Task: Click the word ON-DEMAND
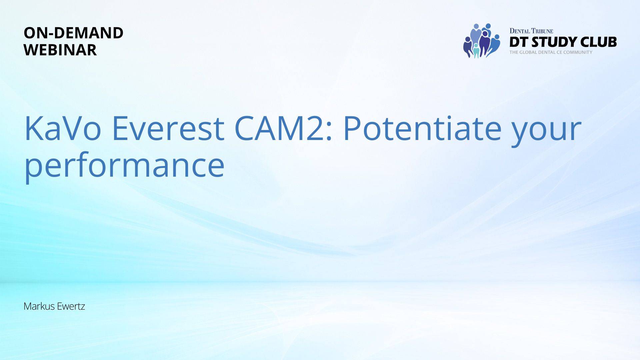[x=73, y=33]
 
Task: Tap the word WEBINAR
[x=60, y=50]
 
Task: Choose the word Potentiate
[x=422, y=128]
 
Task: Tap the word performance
[x=124, y=165]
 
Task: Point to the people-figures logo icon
[x=482, y=41]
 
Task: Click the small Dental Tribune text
[x=531, y=31]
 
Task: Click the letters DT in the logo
[x=519, y=42]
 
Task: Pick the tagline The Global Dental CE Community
[x=551, y=52]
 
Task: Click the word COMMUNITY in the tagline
[x=578, y=52]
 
